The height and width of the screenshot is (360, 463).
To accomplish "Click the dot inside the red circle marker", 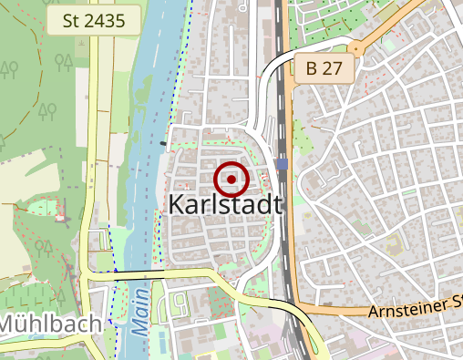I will click(232, 179).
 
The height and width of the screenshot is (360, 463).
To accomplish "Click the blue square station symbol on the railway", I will click(283, 164).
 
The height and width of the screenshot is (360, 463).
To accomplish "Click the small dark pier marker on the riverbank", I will click(163, 143).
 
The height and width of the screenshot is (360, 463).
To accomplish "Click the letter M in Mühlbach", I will click(8, 323).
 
